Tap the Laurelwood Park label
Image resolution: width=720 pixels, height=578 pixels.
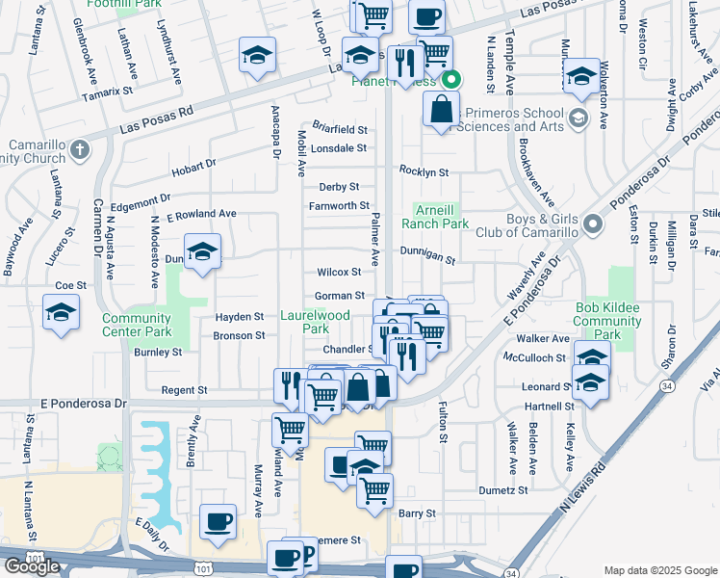315,322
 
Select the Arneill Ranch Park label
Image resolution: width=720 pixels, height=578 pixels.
441,217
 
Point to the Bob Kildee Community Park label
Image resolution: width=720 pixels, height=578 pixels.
607,322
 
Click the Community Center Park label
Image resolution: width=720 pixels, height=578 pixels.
136,326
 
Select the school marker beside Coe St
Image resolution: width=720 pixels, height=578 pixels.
61,313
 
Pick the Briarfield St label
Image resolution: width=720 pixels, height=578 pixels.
338,129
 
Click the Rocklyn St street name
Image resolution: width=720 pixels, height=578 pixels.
424,171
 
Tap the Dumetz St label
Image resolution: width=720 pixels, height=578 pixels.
503,490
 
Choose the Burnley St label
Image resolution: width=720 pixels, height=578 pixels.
158,353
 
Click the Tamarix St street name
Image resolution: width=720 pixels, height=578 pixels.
107,91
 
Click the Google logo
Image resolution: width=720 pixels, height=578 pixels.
32,566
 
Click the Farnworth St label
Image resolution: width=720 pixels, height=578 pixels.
339,205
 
